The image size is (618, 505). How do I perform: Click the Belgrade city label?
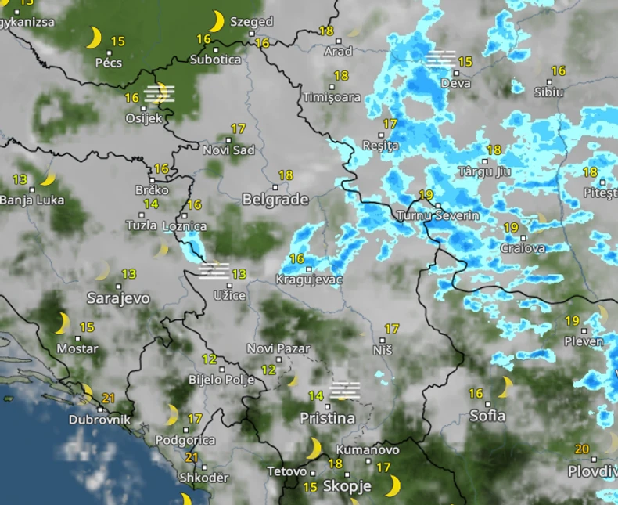tap(275, 200)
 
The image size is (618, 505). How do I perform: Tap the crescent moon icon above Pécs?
tap(94, 37)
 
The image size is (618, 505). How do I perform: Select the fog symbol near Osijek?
tap(160, 94)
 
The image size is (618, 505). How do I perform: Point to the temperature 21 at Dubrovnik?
tap(109, 398)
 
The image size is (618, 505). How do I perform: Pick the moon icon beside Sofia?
tap(505, 386)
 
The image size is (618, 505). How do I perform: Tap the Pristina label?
tap(327, 418)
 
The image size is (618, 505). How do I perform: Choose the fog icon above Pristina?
tap(344, 390)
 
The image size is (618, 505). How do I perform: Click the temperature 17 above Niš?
tap(391, 329)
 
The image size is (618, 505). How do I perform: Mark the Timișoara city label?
tap(332, 98)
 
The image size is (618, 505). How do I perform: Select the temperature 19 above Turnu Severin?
tap(426, 195)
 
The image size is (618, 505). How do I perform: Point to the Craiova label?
tap(523, 248)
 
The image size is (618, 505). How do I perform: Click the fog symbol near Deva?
tap(441, 59)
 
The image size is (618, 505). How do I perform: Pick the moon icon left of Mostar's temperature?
tap(63, 322)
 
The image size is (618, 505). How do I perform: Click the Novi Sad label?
tap(228, 150)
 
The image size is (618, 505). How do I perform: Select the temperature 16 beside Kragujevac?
tap(296, 258)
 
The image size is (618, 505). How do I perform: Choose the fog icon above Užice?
tap(213, 271)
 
